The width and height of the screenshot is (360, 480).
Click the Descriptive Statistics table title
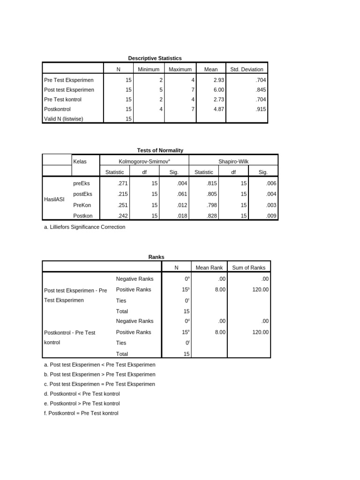(x=155, y=58)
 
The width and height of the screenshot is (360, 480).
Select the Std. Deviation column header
(x=247, y=69)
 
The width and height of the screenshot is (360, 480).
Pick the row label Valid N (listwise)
(x=63, y=119)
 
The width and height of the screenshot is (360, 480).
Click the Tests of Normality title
(x=160, y=150)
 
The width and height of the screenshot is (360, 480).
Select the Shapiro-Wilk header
(x=233, y=161)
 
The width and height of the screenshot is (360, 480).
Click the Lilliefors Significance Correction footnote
(x=84, y=227)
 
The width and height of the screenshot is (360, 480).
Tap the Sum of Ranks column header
(x=248, y=268)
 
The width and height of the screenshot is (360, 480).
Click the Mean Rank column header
(x=209, y=268)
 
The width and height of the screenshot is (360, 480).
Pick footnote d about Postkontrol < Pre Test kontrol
(x=82, y=394)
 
